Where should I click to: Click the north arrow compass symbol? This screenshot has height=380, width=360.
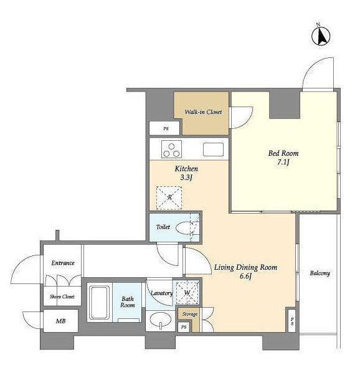tap(321, 36)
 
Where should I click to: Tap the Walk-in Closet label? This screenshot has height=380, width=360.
tap(203, 112)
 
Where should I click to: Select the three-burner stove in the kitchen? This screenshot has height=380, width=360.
tap(171, 149)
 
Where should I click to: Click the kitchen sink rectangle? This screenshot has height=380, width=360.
tap(213, 150)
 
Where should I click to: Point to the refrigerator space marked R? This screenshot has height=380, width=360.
tap(169, 197)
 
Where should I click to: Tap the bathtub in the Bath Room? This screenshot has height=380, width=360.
tap(99, 303)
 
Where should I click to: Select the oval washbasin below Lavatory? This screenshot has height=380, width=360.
tap(160, 320)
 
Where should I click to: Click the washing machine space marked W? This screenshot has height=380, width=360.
tap(187, 293)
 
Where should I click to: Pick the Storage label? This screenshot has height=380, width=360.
tap(190, 314)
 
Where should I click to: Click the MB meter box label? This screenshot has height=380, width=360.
tap(60, 321)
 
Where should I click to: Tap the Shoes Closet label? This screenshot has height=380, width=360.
tap(62, 297)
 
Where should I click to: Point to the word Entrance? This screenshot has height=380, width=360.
tap(63, 263)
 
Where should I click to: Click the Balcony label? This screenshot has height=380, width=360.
tap(320, 273)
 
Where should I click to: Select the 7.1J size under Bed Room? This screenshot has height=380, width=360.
tap(283, 162)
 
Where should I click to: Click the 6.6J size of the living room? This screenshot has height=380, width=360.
tap(245, 276)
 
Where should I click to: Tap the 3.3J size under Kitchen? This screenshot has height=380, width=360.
tap(186, 178)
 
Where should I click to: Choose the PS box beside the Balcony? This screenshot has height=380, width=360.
tap(292, 321)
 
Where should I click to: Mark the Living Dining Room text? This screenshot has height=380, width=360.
tap(245, 267)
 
